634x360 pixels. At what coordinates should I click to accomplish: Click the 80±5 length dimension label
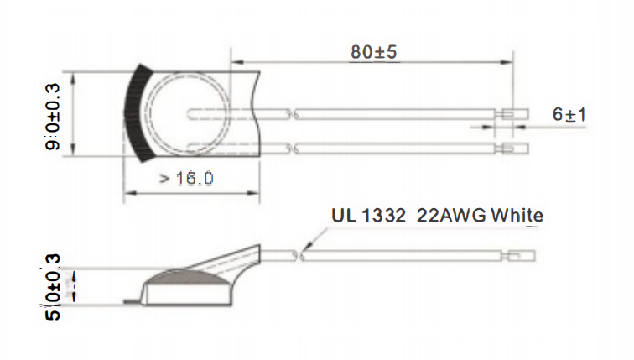(x=374, y=52)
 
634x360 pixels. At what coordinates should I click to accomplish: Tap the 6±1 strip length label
(x=569, y=115)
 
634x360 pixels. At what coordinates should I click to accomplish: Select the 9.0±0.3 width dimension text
(x=53, y=117)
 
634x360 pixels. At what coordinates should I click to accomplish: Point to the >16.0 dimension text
(x=186, y=179)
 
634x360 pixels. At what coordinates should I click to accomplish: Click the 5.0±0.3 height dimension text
(x=53, y=287)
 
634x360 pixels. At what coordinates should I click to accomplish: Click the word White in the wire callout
(x=517, y=216)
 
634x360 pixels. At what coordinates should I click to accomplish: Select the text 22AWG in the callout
(x=451, y=216)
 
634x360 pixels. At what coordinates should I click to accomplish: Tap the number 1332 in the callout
(x=383, y=216)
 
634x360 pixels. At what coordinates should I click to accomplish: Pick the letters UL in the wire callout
(x=344, y=216)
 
